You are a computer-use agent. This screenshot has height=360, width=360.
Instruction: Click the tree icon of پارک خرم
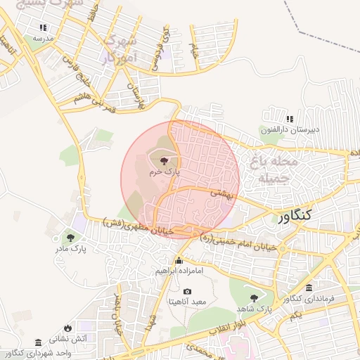tap(165, 161)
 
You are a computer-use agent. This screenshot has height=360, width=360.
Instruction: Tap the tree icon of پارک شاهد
tap(254, 298)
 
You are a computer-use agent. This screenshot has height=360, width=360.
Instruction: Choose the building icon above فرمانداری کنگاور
tap(310, 289)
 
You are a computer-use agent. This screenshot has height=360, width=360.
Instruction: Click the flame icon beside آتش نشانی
tap(67, 328)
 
